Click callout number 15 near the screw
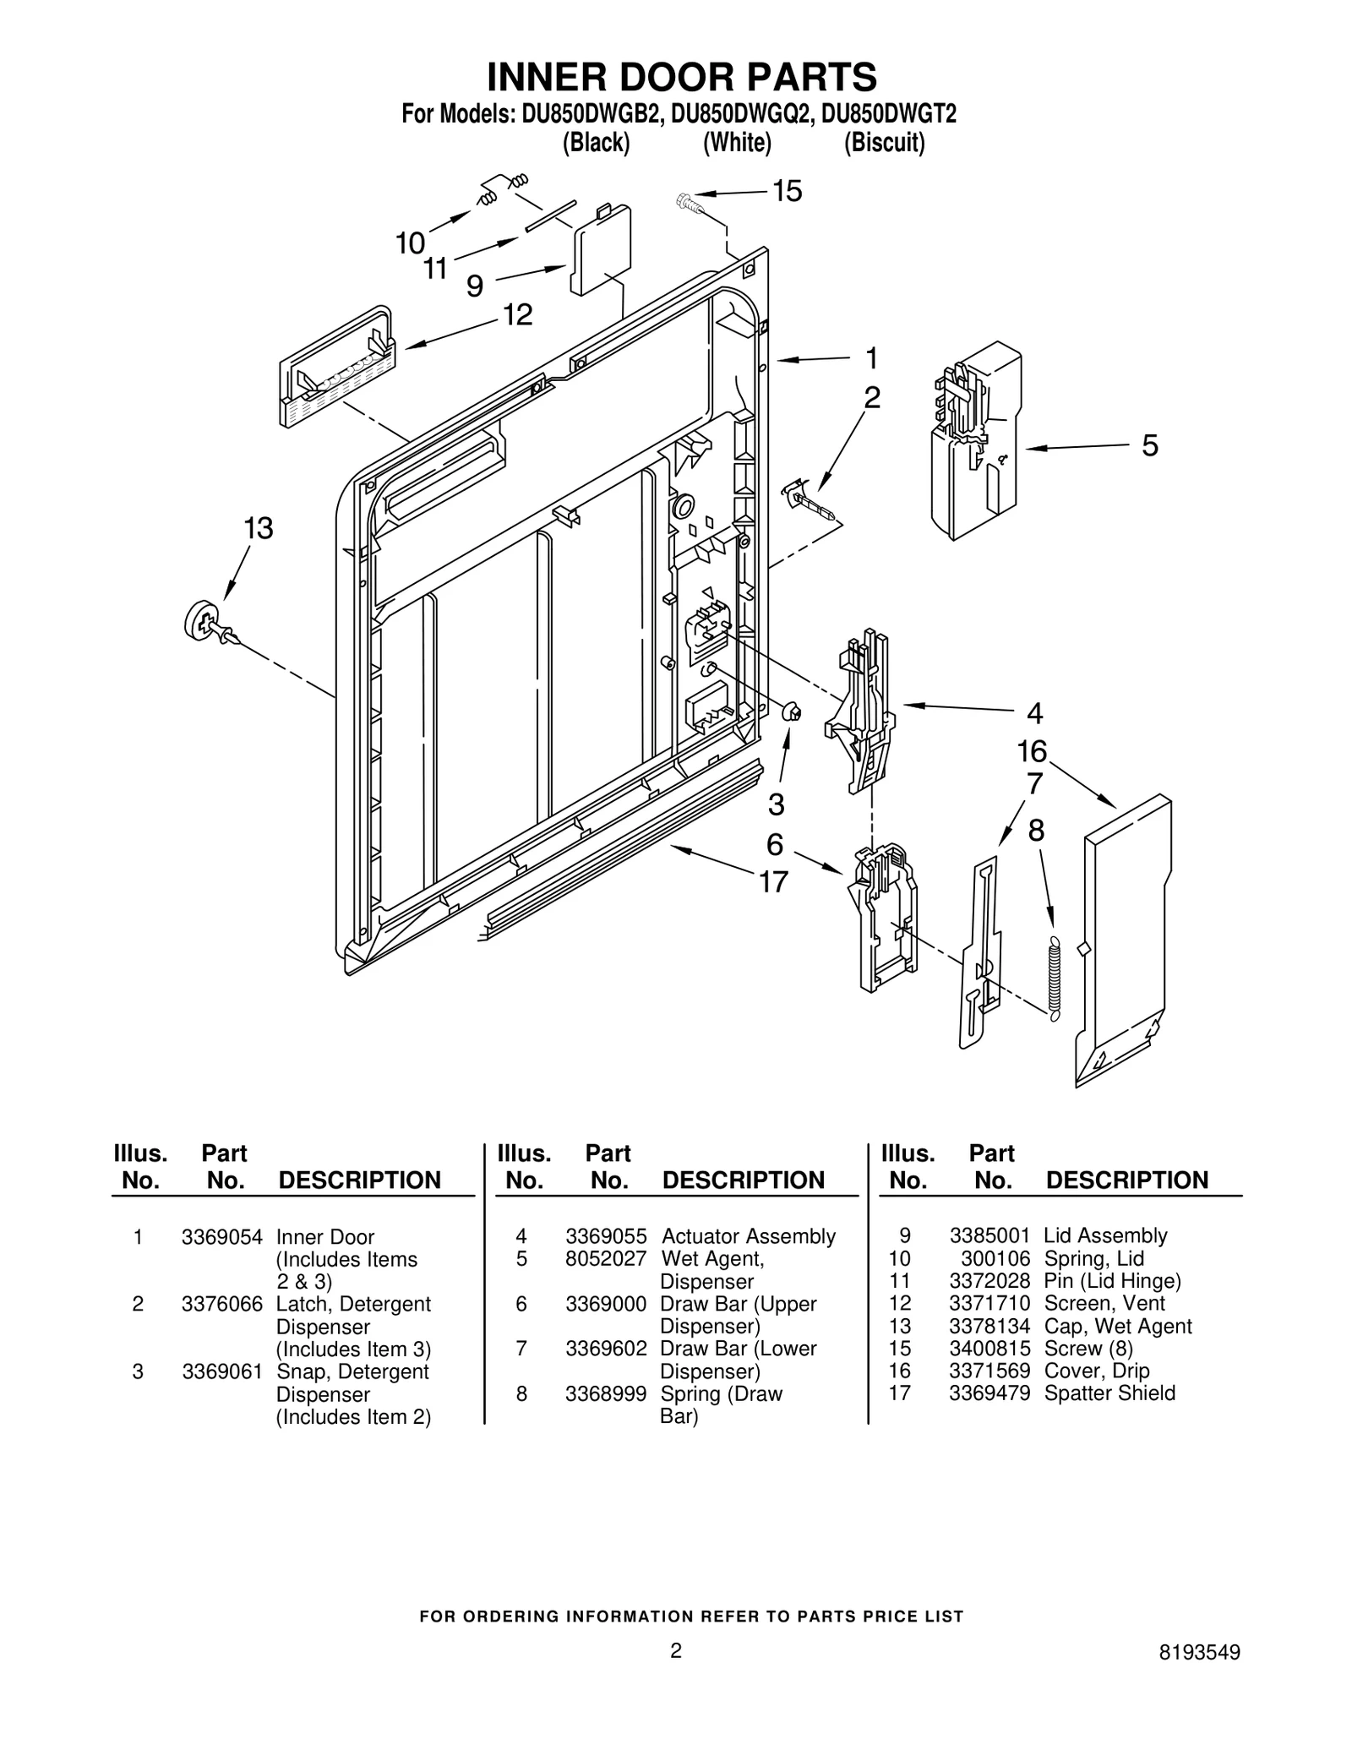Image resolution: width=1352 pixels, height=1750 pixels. point(787,192)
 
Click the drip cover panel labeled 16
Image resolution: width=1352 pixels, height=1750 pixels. point(1124,938)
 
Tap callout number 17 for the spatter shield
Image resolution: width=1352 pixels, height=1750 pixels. point(773,881)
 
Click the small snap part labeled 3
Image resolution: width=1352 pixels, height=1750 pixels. point(793,712)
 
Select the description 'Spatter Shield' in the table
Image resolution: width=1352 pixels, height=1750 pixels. point(1109,1393)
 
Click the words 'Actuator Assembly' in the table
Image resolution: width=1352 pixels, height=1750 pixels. point(748,1236)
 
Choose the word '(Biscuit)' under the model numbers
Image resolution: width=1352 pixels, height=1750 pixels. point(884,143)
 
